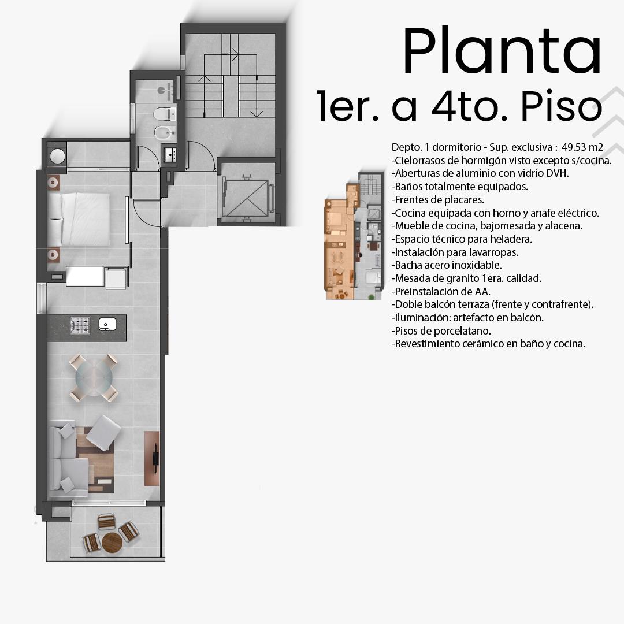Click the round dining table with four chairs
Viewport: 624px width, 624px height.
tap(94, 378)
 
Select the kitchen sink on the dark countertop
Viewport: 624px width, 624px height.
tap(107, 324)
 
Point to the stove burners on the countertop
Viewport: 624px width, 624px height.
tap(80, 325)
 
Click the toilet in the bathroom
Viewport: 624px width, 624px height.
tap(165, 114)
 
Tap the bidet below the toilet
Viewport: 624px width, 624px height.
tap(165, 133)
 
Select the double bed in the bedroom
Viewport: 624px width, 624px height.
tap(79, 220)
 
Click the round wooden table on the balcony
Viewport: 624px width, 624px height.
tap(112, 543)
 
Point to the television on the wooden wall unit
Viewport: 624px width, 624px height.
tap(155, 458)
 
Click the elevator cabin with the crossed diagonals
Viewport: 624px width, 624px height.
tap(246, 198)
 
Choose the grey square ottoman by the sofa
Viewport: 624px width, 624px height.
tap(103, 433)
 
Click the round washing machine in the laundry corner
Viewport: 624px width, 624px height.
tap(57, 156)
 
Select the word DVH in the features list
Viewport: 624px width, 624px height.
tap(558, 173)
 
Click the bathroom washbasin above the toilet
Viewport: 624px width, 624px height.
tap(166, 91)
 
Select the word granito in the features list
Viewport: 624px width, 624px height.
tap(463, 278)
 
